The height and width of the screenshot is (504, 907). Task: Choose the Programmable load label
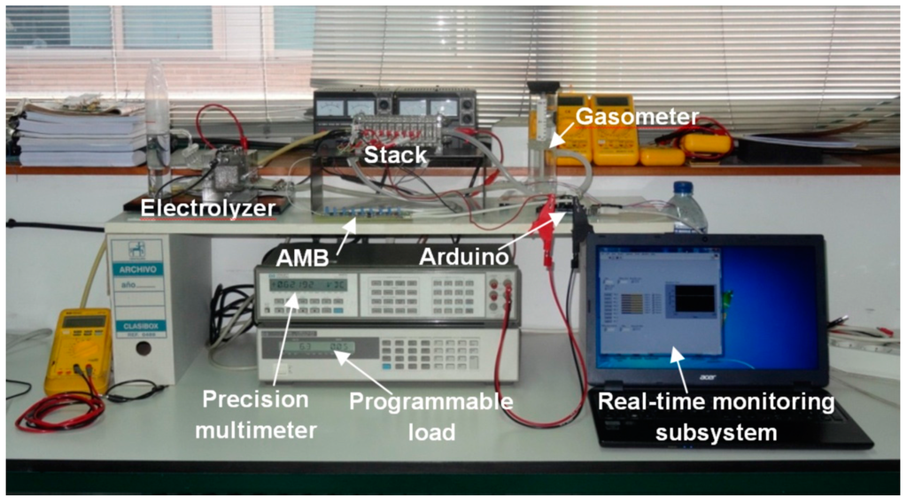tap(430, 415)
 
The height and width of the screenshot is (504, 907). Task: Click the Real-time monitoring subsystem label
tap(716, 415)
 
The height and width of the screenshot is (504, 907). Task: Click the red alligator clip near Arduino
tap(548, 217)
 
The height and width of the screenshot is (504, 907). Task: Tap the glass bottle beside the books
tap(157, 115)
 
